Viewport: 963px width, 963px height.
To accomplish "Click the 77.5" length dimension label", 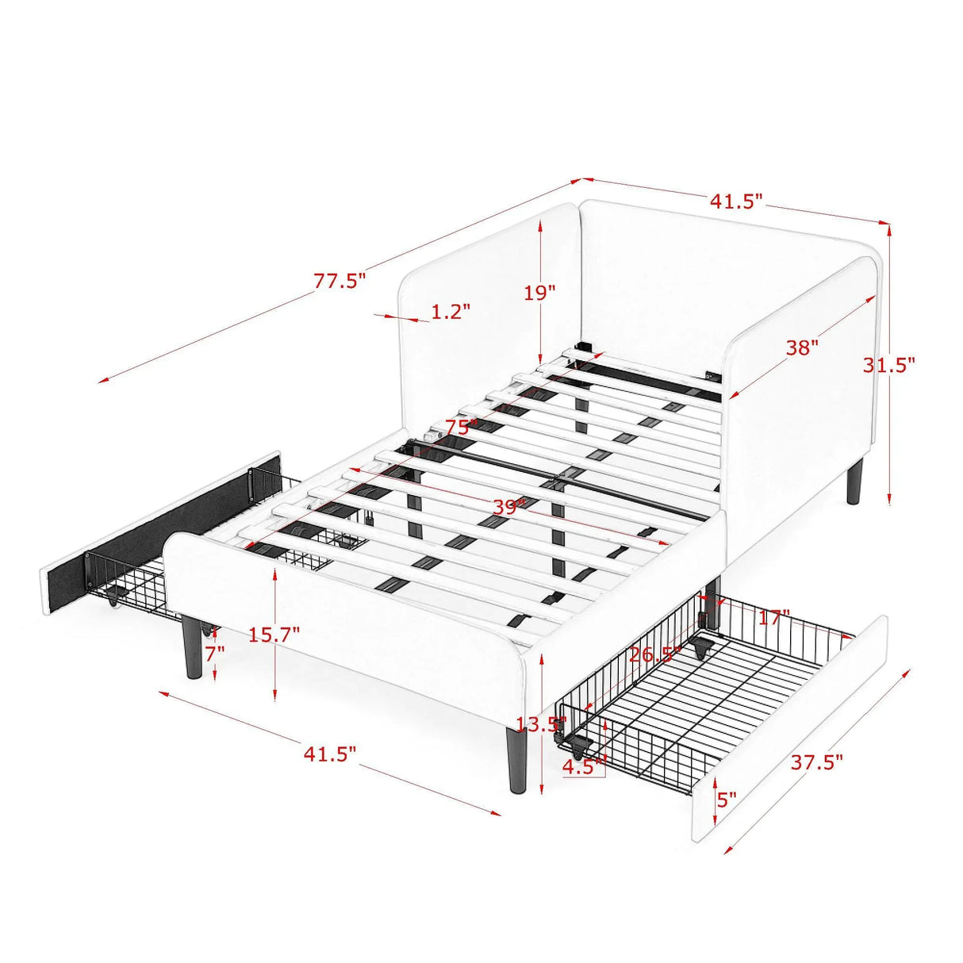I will point(340,281).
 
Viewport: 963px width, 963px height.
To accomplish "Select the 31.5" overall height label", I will point(889,364).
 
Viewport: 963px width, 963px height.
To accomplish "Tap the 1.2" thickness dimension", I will point(451,312).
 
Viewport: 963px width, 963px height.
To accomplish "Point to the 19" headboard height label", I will point(539,293).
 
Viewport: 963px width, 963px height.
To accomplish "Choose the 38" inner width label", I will point(802,347).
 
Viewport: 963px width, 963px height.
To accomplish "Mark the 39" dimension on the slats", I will point(508,507).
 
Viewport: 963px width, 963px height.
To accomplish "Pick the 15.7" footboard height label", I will point(274,635).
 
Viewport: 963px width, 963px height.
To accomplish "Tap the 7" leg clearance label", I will point(215,654).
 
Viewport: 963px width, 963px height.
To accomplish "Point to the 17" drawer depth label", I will point(773,616).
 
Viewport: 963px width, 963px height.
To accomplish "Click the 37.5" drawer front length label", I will point(816,763).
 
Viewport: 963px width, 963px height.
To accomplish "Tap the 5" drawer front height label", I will point(727,799).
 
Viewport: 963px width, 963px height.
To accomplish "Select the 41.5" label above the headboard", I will point(735,201).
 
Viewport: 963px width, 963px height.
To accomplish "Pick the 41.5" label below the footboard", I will point(330,754).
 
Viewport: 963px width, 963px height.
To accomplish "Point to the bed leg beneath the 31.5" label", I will point(854,483).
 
